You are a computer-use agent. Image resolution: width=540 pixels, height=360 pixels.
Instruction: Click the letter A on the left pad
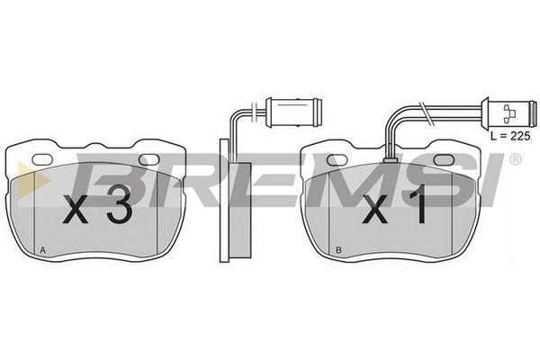(42, 250)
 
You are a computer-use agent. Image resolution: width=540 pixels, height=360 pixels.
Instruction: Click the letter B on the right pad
(338, 250)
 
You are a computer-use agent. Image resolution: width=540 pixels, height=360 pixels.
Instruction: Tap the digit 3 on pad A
(119, 204)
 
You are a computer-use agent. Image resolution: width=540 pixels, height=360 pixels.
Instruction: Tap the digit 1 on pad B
(418, 204)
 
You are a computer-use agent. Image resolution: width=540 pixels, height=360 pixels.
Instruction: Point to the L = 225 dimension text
(510, 136)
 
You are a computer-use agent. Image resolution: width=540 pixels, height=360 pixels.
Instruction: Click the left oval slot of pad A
(42, 159)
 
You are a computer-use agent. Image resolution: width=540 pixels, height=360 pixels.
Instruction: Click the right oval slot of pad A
(148, 159)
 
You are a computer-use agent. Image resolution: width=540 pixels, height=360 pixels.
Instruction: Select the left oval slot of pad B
(337, 159)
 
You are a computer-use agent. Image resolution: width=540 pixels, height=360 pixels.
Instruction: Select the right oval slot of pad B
(445, 159)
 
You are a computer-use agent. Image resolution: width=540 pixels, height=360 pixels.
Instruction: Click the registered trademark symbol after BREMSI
(515, 159)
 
